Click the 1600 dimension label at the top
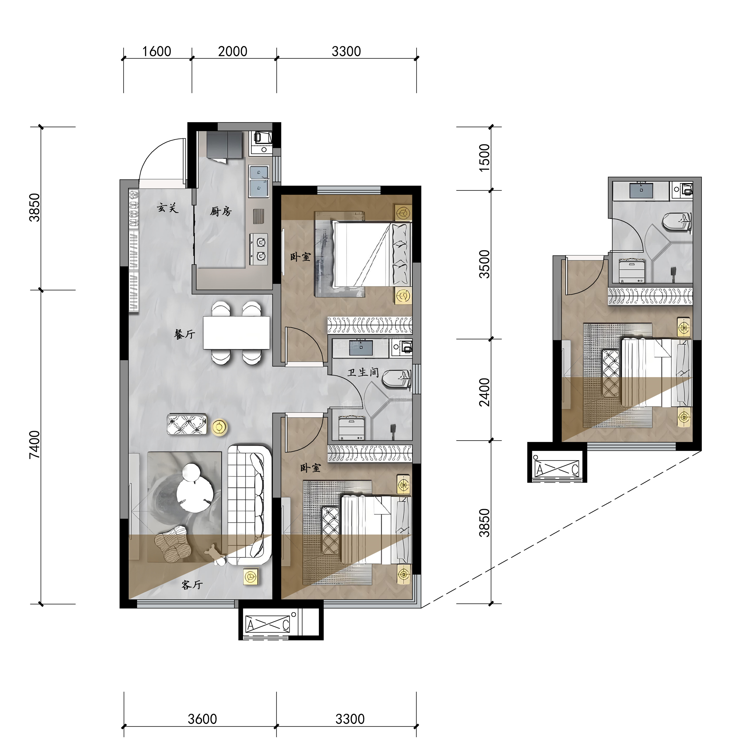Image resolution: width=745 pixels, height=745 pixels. pyautogui.click(x=156, y=51)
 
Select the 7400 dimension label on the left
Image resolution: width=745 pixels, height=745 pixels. pyautogui.click(x=35, y=445)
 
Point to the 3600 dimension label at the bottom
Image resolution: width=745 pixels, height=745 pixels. pyautogui.click(x=202, y=719)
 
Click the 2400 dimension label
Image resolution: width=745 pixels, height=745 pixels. pyautogui.click(x=484, y=392)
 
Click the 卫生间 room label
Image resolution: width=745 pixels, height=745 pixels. pyautogui.click(x=363, y=372)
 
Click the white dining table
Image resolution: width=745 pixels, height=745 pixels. pyautogui.click(x=236, y=333)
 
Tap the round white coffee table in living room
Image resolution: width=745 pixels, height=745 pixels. pyautogui.click(x=195, y=490)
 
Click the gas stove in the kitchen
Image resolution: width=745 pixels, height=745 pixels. pyautogui.click(x=259, y=249)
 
